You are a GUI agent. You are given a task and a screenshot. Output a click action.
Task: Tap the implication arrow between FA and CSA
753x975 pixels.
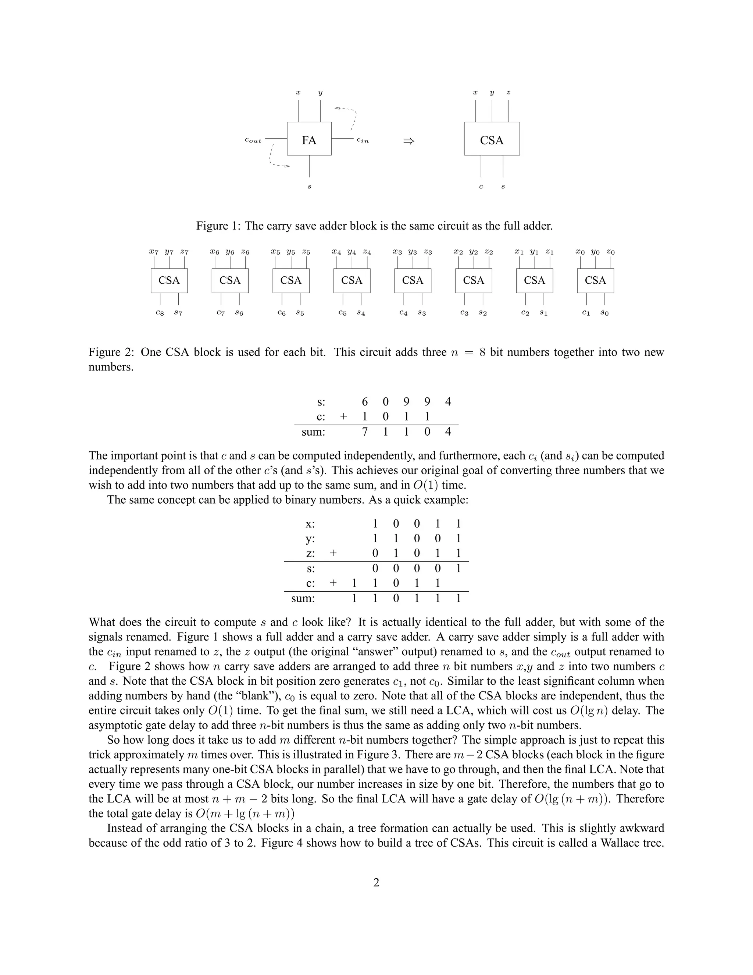408,141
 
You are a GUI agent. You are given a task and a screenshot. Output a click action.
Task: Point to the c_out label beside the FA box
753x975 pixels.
253,141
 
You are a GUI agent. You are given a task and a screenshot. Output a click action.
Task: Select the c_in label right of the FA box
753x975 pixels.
363,141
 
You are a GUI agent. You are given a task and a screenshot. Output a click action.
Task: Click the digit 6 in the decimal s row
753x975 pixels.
364,402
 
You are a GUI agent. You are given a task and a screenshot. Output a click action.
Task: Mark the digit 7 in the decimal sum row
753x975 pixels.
364,432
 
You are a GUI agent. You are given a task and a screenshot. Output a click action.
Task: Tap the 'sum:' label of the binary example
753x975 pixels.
303,598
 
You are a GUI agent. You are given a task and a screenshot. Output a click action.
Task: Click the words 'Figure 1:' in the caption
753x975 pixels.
218,226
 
